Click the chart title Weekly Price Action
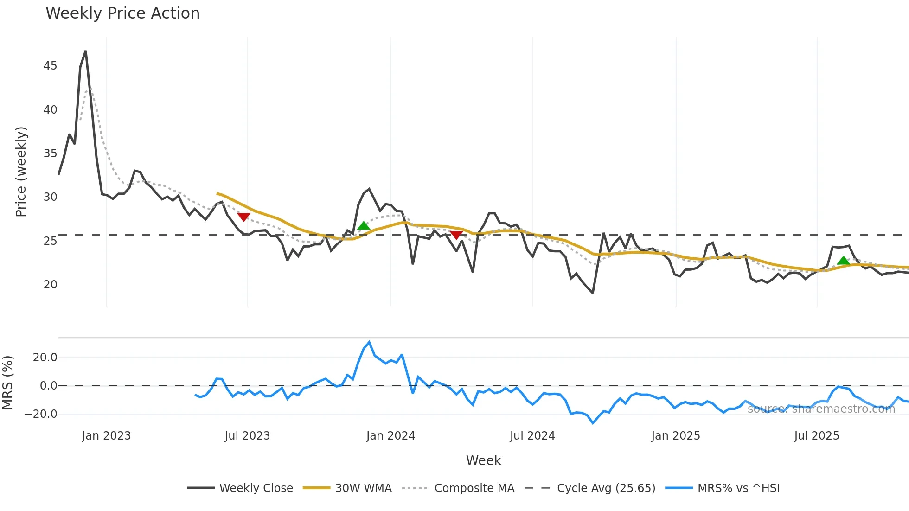[x=122, y=13]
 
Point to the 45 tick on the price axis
[x=50, y=66]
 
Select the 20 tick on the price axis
[x=50, y=285]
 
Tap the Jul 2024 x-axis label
[x=532, y=436]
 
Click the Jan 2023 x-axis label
[x=106, y=436]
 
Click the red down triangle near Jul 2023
[x=243, y=217]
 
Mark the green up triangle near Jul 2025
[x=844, y=261]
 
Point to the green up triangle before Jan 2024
[x=364, y=226]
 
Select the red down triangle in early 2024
[x=456, y=235]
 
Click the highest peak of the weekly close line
[x=85, y=51]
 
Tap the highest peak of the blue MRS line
[x=369, y=342]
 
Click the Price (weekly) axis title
[x=21, y=172]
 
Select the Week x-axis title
[x=483, y=460]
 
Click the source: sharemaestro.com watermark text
[x=821, y=409]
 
